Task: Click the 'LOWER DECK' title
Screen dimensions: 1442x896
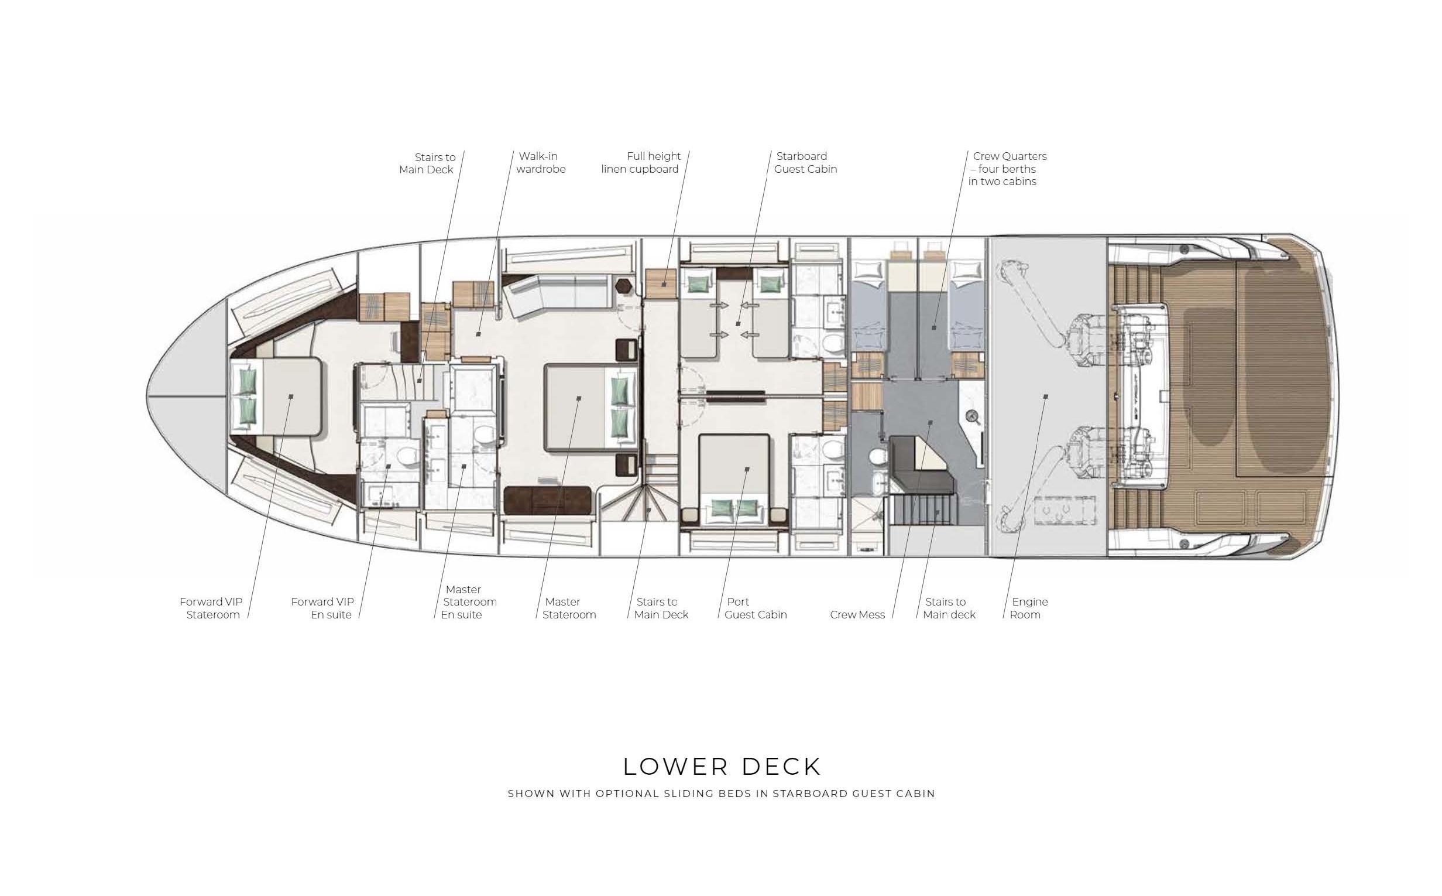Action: coord(722,766)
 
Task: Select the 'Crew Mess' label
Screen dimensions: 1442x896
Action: coord(857,614)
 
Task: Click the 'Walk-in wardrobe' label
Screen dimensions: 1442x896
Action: coord(541,162)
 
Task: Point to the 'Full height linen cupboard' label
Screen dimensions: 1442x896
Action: coord(641,162)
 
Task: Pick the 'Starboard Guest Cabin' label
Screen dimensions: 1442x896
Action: coord(805,162)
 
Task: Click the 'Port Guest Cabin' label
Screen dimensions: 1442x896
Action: coord(756,608)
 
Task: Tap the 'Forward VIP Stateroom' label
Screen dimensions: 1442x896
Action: coord(211,608)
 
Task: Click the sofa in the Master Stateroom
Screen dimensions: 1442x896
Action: coord(557,292)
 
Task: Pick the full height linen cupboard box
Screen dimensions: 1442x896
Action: coord(661,283)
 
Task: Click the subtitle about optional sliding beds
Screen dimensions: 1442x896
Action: coord(722,794)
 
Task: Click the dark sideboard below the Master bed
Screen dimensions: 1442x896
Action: coord(547,500)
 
